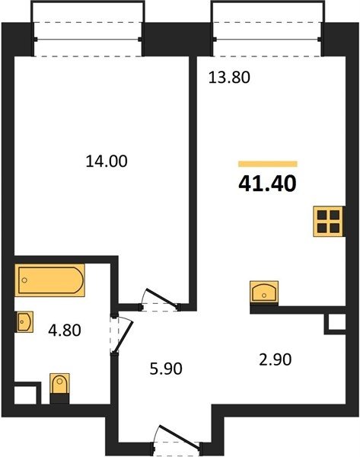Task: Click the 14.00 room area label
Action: [107, 161]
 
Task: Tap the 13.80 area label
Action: [229, 78]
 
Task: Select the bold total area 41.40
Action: [267, 184]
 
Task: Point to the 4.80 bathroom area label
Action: [65, 331]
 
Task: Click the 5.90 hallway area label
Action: [166, 369]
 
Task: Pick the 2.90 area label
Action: [276, 360]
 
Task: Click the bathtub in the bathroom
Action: [49, 280]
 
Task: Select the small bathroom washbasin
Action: [24, 321]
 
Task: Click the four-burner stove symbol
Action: [329, 222]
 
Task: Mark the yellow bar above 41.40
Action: [268, 164]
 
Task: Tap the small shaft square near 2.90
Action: [336, 324]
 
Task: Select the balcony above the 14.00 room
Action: [88, 29]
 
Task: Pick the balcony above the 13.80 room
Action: [268, 29]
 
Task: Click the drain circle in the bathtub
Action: [24, 280]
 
